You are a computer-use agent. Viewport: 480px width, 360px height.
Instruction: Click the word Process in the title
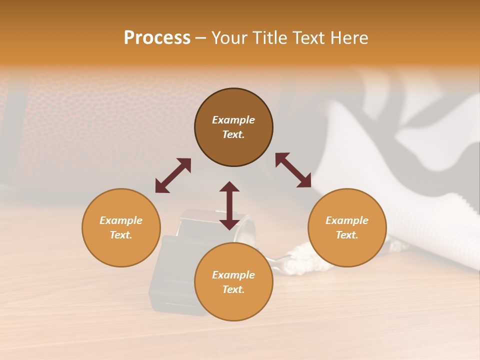point(157,38)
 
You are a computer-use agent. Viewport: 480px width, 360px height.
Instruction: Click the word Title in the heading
point(267,38)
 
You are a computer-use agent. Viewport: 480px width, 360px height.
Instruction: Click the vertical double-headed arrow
point(229,205)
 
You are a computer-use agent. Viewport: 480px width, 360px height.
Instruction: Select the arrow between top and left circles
point(173,175)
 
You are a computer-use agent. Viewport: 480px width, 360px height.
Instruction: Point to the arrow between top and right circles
point(293,170)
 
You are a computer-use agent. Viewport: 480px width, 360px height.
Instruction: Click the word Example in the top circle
point(233,120)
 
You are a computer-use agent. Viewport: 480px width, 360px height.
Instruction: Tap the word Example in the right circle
point(347,220)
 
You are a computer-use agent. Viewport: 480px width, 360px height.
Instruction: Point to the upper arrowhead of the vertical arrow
point(229,186)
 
